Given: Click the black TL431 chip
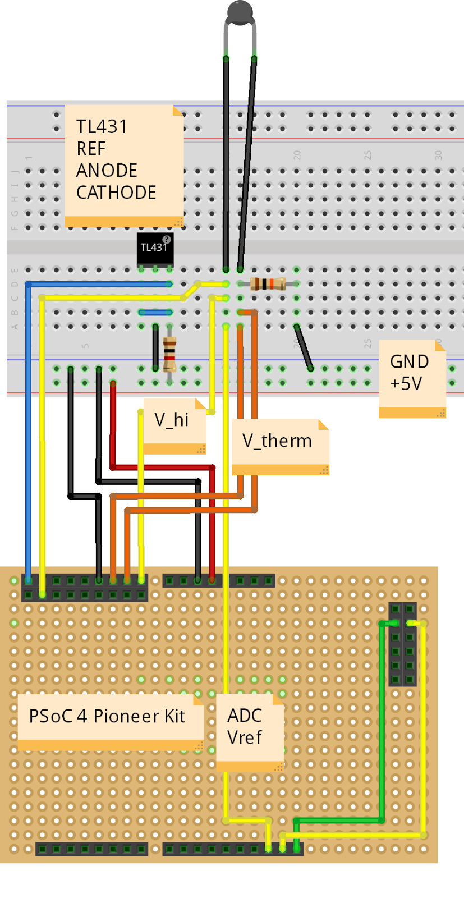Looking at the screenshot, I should tap(154, 249).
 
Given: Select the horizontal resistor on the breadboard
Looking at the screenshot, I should tap(268, 284).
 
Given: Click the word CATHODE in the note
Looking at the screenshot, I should tap(116, 193).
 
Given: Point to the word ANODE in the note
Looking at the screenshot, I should tap(107, 171).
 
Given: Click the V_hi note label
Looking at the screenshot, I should tap(172, 420).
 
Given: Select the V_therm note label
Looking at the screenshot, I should tap(277, 441).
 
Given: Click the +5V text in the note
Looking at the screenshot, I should tap(406, 384).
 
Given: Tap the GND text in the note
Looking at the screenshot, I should tap(409, 362).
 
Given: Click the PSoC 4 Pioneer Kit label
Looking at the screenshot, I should tap(107, 717).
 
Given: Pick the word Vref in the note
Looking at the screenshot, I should tap(244, 737).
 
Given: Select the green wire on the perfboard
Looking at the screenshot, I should tap(382, 730).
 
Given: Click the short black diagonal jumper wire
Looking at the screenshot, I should tap(304, 347).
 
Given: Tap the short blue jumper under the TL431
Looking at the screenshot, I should tap(155, 312).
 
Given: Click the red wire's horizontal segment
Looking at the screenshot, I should tap(163, 467).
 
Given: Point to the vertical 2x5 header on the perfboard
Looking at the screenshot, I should tap(402, 644).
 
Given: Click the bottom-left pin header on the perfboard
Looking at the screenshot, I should tap(91, 849).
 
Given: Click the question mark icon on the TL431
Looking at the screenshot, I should tap(167, 240).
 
